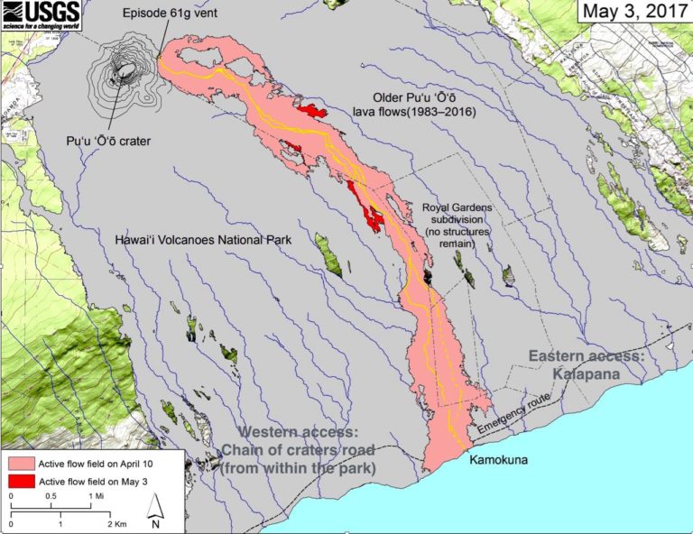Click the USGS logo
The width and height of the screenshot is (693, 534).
41,12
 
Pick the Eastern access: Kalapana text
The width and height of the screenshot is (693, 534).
586,365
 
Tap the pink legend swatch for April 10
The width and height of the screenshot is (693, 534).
21,463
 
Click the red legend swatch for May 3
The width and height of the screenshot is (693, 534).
21,482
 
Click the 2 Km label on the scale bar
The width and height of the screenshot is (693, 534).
115,524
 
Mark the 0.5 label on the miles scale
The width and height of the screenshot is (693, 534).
53,496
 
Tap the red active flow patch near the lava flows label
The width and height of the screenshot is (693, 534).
312,111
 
